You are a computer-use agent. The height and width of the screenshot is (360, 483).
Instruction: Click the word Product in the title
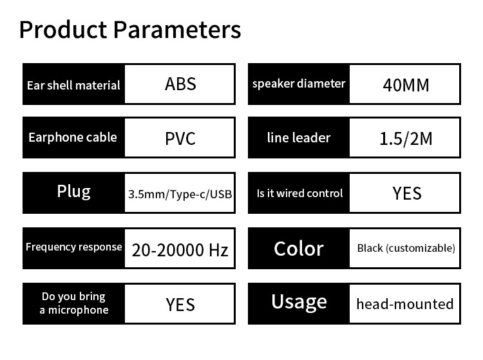63,30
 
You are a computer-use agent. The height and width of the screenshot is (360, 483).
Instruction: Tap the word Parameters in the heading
177,30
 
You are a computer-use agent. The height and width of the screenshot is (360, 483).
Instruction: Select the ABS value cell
180,84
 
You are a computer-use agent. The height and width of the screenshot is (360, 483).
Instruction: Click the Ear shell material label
73,85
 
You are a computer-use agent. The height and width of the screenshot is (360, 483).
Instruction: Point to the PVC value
180,138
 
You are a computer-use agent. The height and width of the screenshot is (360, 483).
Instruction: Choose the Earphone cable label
73,137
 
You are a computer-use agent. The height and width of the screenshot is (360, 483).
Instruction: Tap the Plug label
73,192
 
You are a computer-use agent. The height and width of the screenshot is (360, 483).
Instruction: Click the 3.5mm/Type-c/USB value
180,194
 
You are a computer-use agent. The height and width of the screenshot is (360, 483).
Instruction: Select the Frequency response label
73,247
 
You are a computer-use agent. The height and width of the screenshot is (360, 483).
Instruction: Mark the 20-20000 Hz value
180,250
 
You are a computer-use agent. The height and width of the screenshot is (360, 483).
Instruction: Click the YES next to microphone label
180,305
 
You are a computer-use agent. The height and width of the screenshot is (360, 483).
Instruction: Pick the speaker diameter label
299,84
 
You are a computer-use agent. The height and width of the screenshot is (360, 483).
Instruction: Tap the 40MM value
406,85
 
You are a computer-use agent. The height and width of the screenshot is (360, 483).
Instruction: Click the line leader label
299,138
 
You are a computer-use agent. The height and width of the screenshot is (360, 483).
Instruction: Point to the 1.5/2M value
406,138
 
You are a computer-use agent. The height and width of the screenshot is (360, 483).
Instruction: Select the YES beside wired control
407,193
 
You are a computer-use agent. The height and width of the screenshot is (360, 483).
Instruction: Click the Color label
299,249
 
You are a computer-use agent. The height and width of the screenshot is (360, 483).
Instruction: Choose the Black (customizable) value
406,248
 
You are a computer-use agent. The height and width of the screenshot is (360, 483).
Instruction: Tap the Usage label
299,302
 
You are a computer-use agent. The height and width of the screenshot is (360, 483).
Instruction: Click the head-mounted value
405,304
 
